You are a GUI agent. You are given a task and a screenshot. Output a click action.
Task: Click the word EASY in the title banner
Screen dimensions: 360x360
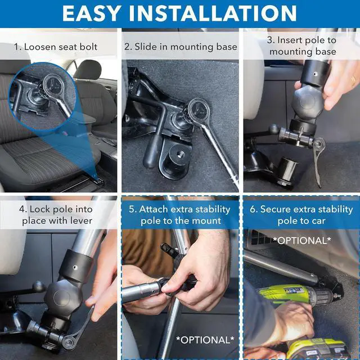click(x=92, y=13)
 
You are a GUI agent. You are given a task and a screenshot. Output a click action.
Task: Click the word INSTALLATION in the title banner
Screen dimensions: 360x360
click(x=213, y=13)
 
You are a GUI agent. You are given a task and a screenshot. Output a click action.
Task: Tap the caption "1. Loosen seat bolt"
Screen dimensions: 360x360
click(x=56, y=47)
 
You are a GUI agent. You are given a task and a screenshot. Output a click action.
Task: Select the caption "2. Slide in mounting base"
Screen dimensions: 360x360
click(x=181, y=47)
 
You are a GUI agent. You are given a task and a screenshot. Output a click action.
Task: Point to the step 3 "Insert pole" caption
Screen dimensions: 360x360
click(x=302, y=46)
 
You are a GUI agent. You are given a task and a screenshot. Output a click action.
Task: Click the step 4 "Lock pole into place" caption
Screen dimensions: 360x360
click(x=56, y=215)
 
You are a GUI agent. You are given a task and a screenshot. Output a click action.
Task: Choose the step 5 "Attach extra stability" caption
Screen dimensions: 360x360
click(x=180, y=215)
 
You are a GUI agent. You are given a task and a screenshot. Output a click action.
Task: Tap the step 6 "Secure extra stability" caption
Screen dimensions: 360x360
click(x=301, y=215)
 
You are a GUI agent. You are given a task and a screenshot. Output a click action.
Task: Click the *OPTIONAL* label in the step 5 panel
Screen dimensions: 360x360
click(x=205, y=340)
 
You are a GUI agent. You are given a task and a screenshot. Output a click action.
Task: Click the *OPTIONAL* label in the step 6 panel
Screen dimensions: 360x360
click(x=302, y=240)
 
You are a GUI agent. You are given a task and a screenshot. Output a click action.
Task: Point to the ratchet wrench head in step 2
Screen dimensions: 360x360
click(x=199, y=110)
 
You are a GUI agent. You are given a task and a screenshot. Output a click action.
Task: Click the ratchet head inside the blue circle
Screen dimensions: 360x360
click(x=53, y=85)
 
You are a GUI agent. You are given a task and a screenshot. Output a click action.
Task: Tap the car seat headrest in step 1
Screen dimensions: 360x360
click(x=88, y=70)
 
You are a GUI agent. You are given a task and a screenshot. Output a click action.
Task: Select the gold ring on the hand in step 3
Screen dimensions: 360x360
click(x=354, y=80)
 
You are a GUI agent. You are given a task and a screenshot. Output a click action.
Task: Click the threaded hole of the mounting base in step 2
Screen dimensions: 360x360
click(x=179, y=154)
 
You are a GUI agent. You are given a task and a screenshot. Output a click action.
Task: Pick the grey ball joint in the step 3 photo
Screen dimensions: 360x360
click(x=308, y=102)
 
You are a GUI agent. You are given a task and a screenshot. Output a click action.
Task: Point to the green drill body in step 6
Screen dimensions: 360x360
click(x=296, y=294)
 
